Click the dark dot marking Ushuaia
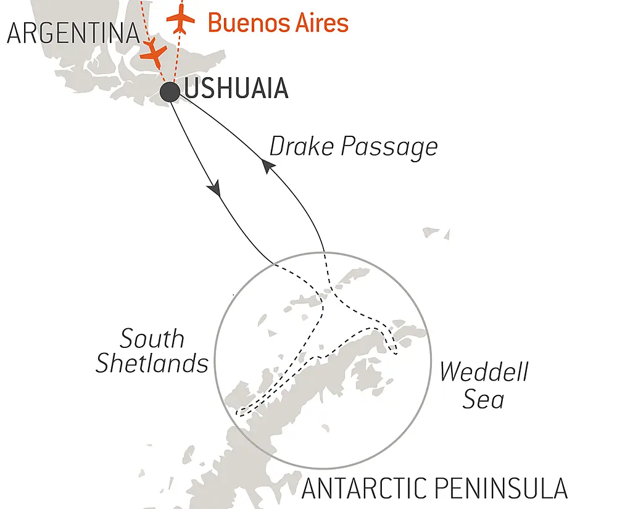click(x=170, y=92)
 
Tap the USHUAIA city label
click(x=236, y=89)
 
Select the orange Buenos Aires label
click(x=278, y=23)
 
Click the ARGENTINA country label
click(x=73, y=34)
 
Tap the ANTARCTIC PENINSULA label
click(x=434, y=488)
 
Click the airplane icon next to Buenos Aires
click(x=181, y=19)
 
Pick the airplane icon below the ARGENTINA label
click(x=152, y=54)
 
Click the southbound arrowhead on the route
click(x=215, y=188)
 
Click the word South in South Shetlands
click(x=152, y=339)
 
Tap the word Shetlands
click(x=152, y=363)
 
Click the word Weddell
click(x=484, y=373)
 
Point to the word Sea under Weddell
click(x=484, y=400)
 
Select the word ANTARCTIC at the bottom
click(x=363, y=488)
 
